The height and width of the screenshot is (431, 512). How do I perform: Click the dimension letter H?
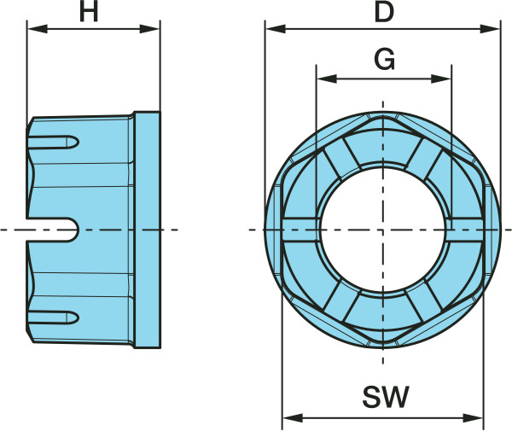pyautogui.click(x=89, y=13)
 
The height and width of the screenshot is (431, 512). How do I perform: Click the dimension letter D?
pyautogui.click(x=384, y=13)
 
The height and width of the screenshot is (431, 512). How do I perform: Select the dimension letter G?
pyautogui.click(x=384, y=60)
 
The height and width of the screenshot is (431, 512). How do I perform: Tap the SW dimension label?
pyautogui.click(x=386, y=397)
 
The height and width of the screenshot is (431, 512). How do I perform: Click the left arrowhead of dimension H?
pyautogui.click(x=38, y=29)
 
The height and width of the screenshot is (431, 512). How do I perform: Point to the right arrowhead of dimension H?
pyautogui.click(x=149, y=29)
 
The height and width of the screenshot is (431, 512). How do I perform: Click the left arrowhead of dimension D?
pyautogui.click(x=276, y=29)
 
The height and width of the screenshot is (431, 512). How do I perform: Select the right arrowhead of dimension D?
pyautogui.click(x=490, y=29)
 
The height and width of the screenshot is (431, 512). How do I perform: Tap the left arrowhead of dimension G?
pyautogui.click(x=327, y=79)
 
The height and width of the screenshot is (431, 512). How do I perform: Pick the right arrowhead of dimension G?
pyautogui.click(x=441, y=79)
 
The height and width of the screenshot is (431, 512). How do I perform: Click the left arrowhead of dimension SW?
pyautogui.click(x=293, y=417)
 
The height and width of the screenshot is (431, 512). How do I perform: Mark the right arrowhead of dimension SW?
pyautogui.click(x=473, y=417)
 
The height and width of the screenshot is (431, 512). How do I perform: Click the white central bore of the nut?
pyautogui.click(x=383, y=230)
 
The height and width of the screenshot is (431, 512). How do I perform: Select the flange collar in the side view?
pyautogui.click(x=148, y=230)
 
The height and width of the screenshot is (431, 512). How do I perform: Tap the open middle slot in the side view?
pyautogui.click(x=52, y=230)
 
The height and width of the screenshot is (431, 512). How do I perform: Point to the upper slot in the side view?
pyautogui.click(x=53, y=142)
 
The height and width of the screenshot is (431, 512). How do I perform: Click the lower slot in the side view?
pyautogui.click(x=53, y=317)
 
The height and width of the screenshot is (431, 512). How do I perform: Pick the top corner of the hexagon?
pyautogui.click(x=383, y=118)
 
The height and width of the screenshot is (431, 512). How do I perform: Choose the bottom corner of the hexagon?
pyautogui.click(x=383, y=342)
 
